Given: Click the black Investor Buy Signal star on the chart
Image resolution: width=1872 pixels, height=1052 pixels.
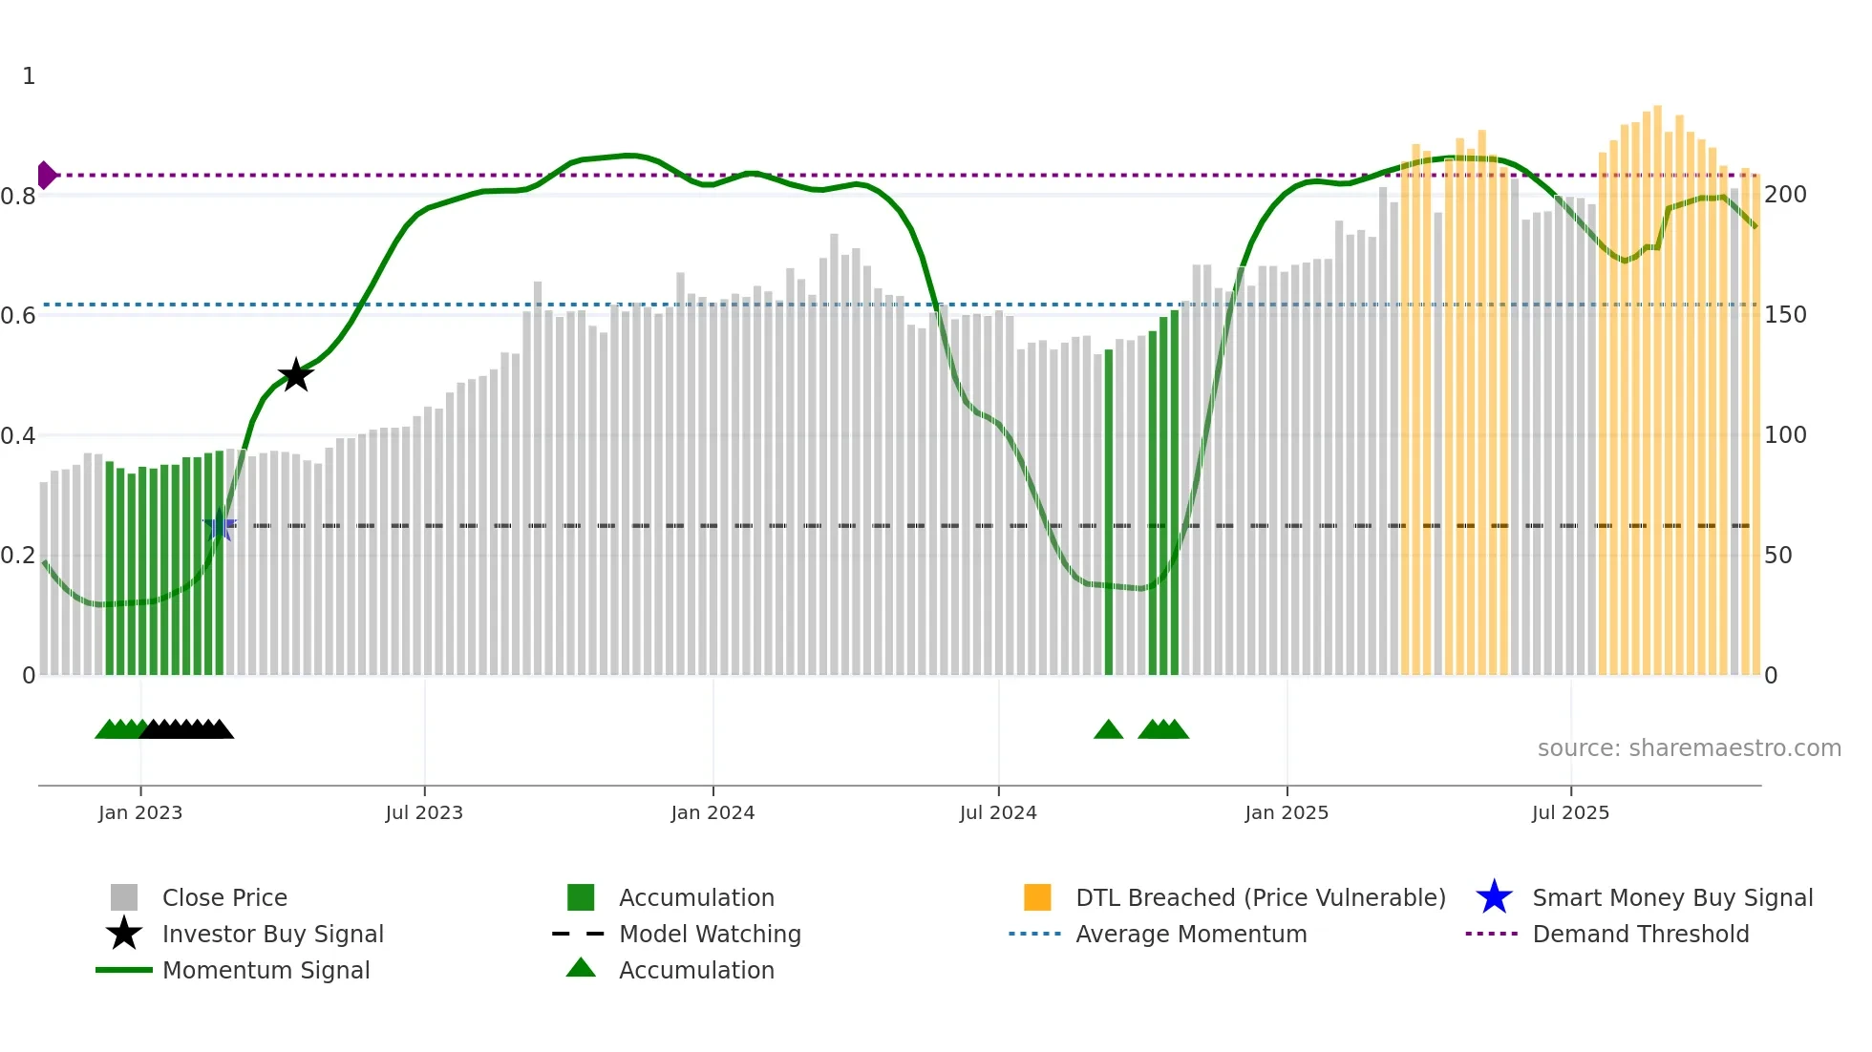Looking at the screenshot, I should [296, 375].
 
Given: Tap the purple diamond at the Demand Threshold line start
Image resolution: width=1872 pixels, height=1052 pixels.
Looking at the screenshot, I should [46, 176].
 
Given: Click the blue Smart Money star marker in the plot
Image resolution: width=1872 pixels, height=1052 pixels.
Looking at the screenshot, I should [220, 525].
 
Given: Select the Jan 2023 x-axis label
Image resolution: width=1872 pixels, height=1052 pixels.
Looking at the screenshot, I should [140, 813].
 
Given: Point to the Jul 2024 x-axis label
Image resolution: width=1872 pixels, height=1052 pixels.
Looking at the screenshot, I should [998, 813].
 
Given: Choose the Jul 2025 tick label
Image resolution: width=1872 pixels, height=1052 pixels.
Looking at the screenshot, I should [1571, 813].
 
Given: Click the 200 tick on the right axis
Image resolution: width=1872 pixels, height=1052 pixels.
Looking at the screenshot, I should [1785, 195].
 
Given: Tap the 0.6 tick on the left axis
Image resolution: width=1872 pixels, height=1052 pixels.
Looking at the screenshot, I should [18, 316].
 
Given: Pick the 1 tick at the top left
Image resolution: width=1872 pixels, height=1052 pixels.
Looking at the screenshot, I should [29, 76].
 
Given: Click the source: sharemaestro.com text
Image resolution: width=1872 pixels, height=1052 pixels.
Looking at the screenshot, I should [1689, 748].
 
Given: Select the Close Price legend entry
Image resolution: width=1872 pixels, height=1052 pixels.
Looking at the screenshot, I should [224, 898].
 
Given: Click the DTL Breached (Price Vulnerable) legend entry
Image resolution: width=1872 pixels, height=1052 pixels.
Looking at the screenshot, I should [1261, 898].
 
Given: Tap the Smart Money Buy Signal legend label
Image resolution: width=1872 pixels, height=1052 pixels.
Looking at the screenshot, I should [1672, 898].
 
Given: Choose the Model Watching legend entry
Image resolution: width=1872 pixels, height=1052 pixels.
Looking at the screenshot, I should [710, 935].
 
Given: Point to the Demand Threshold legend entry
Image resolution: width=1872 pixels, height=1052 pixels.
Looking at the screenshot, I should [1641, 935].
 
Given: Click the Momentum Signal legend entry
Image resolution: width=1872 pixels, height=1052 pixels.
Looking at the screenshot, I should [266, 971].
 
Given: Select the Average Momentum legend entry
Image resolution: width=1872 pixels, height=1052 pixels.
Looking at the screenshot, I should [1191, 935].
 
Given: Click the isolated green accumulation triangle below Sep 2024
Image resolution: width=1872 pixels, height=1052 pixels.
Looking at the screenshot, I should [1108, 730].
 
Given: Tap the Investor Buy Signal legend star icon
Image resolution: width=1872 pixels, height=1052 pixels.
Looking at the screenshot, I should [124, 935].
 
